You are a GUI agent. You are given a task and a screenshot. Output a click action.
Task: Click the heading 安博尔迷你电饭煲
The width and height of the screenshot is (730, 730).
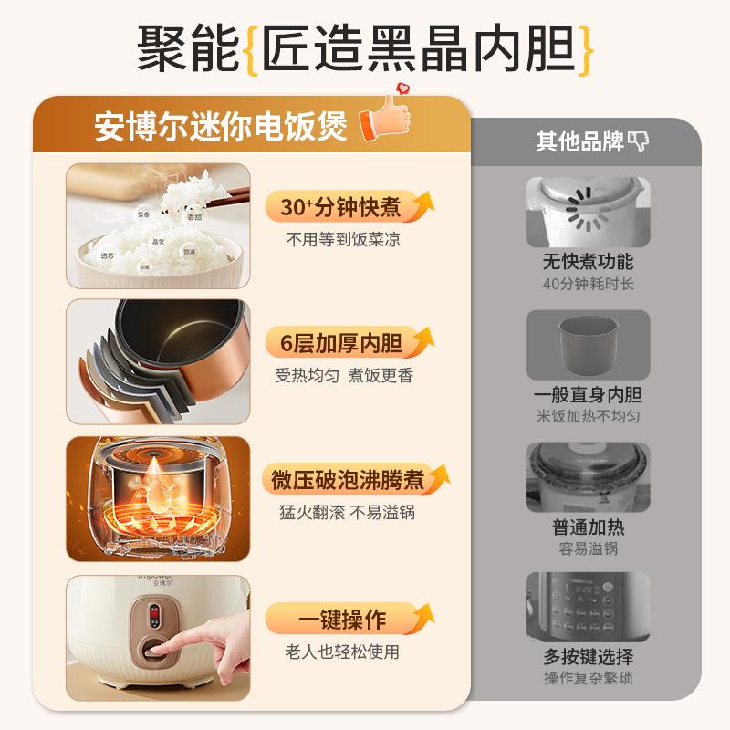click(222, 127)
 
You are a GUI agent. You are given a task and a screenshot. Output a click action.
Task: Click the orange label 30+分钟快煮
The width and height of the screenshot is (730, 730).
click(340, 208)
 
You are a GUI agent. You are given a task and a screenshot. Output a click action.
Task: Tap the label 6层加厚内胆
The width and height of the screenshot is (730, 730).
click(340, 343)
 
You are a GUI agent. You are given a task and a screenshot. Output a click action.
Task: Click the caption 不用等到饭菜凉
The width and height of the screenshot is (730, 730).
click(343, 240)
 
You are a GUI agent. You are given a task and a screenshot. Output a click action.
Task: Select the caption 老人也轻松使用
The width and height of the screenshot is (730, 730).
click(343, 652)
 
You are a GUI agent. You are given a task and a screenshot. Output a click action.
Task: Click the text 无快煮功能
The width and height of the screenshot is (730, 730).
click(588, 262)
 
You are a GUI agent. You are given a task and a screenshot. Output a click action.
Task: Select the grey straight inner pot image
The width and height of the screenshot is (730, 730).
click(588, 345)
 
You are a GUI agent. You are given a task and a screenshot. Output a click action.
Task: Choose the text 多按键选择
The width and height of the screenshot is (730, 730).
click(588, 656)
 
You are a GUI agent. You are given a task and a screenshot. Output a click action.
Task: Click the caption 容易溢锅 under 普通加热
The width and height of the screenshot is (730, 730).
click(588, 548)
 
